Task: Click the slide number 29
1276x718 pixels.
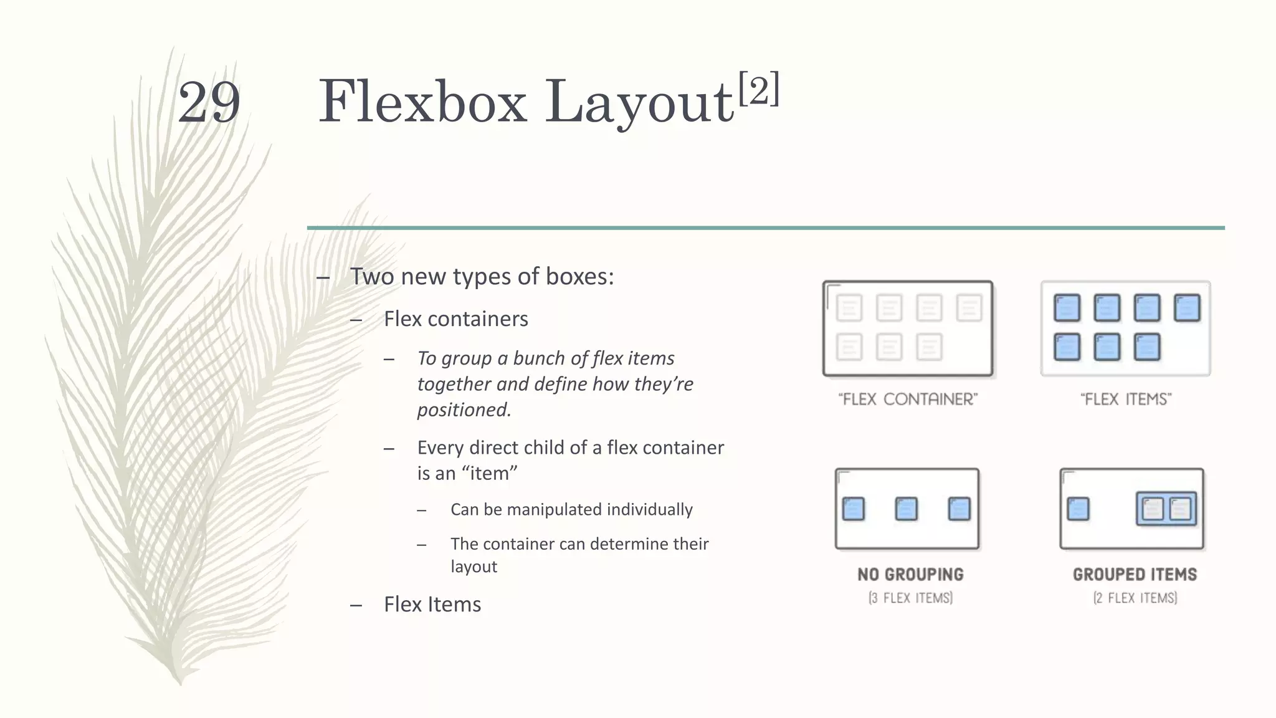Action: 209,103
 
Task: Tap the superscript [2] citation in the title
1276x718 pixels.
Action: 758,89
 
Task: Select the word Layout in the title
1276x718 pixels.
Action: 639,103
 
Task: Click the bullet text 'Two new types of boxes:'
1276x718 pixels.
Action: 482,277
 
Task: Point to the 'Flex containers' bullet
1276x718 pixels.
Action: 455,319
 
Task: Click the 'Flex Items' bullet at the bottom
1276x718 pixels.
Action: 432,605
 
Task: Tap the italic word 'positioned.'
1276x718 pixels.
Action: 464,409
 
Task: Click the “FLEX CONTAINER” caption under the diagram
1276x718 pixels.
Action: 908,399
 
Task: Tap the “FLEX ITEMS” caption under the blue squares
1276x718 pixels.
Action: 1126,399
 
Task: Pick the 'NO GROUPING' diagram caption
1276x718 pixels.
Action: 910,575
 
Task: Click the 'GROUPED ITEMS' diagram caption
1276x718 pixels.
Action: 1135,575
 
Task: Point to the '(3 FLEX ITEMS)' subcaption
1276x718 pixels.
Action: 910,598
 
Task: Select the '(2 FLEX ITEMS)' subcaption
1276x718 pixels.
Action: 1135,598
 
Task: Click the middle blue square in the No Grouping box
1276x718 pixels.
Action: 906,509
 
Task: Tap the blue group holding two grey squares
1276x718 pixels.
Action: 1166,509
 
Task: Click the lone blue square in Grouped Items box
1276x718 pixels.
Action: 1078,509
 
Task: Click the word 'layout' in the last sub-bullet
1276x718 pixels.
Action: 474,567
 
